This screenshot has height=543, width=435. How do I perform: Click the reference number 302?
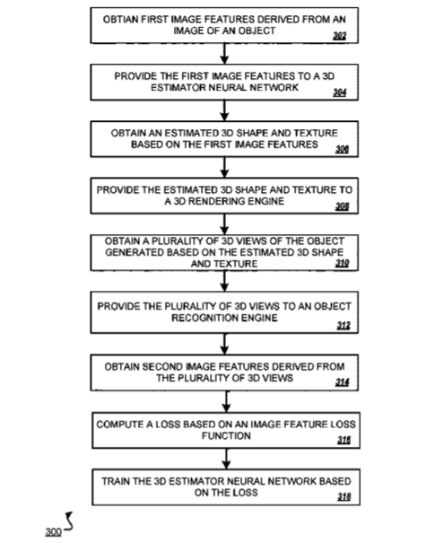340,36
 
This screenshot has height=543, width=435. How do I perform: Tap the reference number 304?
340,92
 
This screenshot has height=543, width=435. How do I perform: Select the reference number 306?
342,149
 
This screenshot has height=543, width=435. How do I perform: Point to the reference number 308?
342,206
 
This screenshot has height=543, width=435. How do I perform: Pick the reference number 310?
342,263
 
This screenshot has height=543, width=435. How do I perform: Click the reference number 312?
344,326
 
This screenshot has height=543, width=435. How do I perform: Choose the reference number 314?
342,382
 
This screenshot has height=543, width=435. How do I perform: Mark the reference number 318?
344,497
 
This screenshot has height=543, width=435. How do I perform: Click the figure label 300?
53,531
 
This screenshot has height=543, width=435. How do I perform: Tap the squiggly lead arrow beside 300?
69,521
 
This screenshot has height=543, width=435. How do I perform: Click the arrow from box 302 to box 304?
224,54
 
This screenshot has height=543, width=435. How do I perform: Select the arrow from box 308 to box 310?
224,224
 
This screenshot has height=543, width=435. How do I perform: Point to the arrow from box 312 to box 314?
224,344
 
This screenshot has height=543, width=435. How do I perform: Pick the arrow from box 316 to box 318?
226,459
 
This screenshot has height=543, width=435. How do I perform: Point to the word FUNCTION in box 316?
226,435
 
